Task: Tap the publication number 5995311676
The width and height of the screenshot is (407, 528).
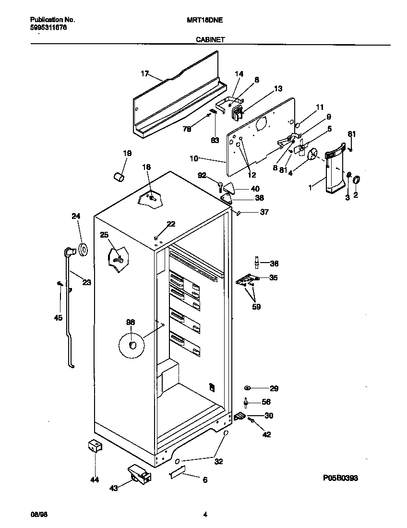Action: point(48,28)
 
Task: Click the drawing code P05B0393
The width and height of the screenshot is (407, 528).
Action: point(340,478)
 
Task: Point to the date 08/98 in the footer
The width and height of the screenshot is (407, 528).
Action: point(39,515)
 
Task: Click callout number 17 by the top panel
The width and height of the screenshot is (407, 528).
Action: point(144,73)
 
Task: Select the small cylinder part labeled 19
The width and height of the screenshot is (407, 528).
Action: point(119,177)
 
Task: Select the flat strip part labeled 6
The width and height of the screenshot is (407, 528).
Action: point(177,475)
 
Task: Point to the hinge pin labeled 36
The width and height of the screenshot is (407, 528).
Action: point(257,263)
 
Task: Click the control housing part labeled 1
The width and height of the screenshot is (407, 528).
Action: point(333,170)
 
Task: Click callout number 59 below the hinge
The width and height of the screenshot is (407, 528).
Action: point(256,307)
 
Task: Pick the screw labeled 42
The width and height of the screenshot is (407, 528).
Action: point(251,422)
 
